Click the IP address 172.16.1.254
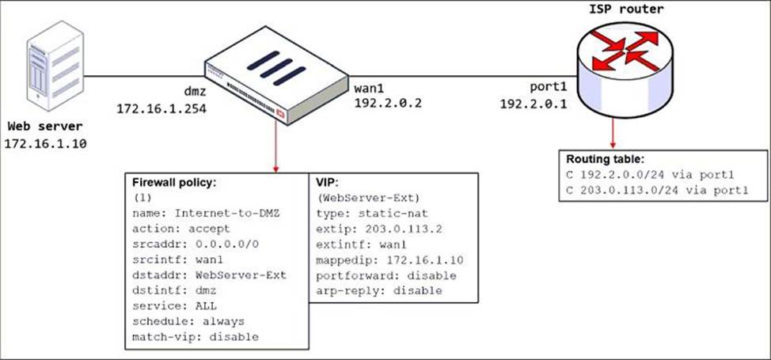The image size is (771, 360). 161,107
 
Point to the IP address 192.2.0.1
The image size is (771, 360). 534,104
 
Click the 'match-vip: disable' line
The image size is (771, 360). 195,336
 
